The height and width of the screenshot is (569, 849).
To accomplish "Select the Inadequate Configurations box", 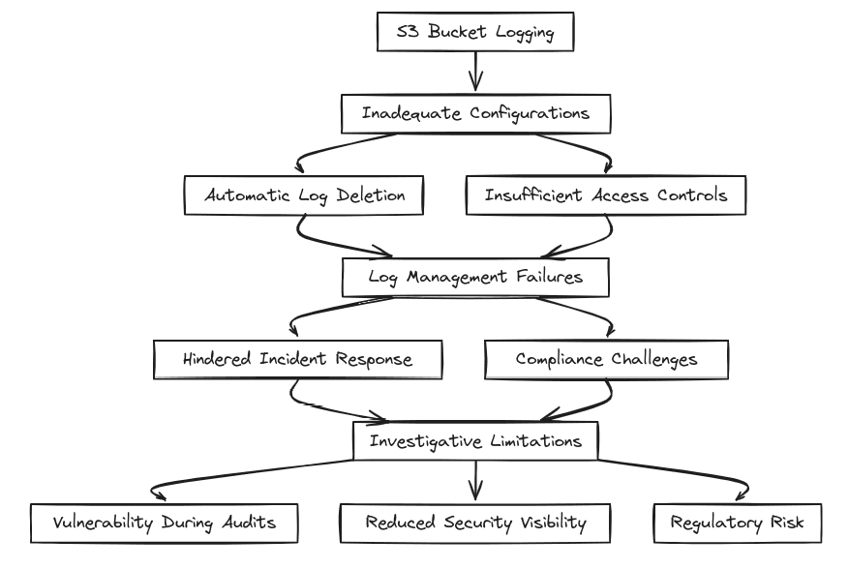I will pos(475,113).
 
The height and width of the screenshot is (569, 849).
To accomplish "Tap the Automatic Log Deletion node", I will pos(306,195).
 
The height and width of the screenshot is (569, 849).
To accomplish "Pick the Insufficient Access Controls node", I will pos(606,195).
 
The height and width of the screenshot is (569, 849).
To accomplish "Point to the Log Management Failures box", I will pos(475,278).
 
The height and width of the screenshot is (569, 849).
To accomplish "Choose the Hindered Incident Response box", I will pos(297,359).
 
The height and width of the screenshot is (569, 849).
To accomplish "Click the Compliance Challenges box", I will pos(607,359).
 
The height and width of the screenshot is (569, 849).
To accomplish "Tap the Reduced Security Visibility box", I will pos(475,523).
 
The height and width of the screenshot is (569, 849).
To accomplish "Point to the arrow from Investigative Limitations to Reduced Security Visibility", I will pos(475,482).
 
